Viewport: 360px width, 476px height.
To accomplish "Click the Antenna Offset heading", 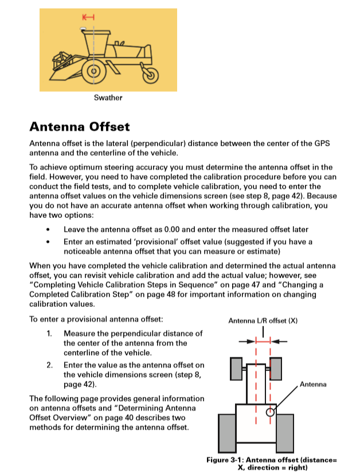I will pos(80,126).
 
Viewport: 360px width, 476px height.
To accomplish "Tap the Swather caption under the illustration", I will pos(108,97).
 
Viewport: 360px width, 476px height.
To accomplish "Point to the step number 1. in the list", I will pos(50,333).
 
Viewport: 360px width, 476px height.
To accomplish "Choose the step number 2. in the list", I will pos(50,365).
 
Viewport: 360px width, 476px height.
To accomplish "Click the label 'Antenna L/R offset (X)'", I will pos(263,321).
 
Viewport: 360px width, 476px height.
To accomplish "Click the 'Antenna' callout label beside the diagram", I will pos(313,384).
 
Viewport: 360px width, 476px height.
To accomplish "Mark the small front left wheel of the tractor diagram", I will pos(236,368).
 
